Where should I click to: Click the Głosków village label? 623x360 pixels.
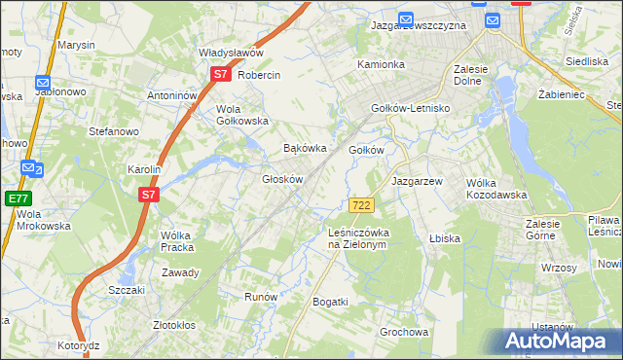pos(283,179)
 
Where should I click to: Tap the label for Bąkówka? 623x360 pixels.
pos(303,149)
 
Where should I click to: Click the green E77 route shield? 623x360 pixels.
pos(18,198)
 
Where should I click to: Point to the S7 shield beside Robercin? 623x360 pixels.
pos(221,73)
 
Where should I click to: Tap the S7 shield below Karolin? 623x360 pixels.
pos(147,195)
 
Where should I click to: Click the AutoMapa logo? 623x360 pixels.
pos(561,342)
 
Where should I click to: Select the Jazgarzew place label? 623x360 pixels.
pos(417,182)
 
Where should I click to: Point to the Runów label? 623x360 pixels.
pos(261,297)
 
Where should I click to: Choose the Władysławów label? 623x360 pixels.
pos(232,53)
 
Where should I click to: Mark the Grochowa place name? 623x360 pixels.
pos(404,332)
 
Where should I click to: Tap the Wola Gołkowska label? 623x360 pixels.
pos(241,115)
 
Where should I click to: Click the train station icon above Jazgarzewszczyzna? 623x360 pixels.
pos(406,18)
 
